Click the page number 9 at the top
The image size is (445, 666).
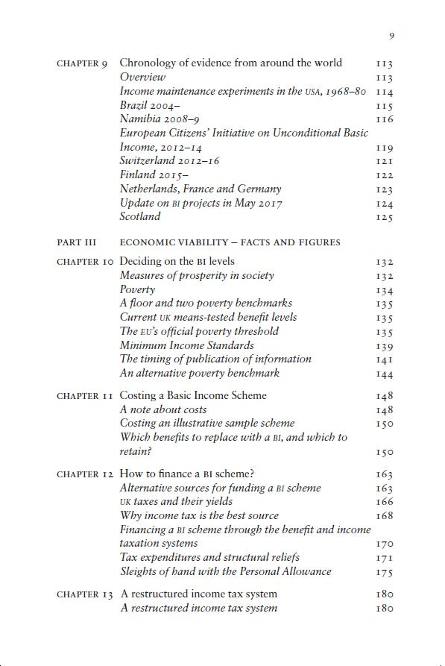pos(391,35)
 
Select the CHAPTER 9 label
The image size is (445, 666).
pos(82,63)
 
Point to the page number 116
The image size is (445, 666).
pos(384,119)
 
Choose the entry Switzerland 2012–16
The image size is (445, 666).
pos(169,161)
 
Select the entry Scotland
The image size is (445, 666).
pos(140,217)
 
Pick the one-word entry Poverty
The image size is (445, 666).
pos(138,289)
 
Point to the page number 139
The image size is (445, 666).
pos(384,346)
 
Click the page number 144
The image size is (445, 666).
pos(384,374)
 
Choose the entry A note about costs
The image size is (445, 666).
pos(163,409)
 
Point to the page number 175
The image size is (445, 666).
pos(384,572)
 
